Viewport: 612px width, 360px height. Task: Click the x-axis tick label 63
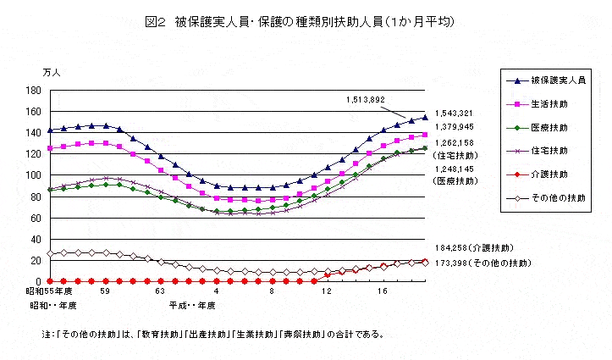pyautogui.click(x=160, y=291)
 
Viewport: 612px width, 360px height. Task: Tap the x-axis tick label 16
pyautogui.click(x=383, y=291)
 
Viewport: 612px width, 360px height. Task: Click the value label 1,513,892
pyautogui.click(x=365, y=100)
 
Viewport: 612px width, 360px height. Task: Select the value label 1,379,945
pyautogui.click(x=455, y=127)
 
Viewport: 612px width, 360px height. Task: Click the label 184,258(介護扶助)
pyautogui.click(x=473, y=248)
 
